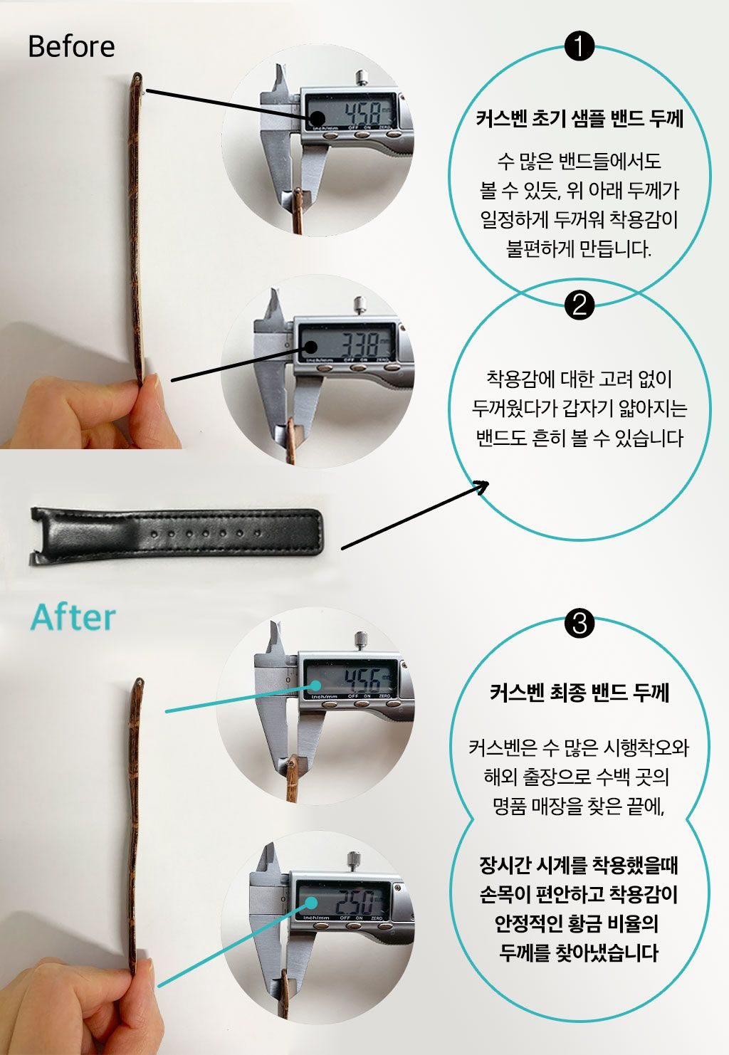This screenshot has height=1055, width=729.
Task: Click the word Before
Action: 71,46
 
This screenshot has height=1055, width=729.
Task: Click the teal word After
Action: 73,617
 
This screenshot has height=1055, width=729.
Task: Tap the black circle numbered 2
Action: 579,305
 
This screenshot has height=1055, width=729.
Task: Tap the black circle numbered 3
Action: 579,623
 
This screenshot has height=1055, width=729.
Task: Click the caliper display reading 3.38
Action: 346,343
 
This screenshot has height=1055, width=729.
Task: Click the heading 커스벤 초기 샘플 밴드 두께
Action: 579,119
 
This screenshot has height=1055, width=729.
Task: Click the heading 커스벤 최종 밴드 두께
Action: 579,693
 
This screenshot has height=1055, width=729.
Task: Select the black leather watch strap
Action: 177,536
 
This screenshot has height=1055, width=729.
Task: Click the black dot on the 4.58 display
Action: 318,119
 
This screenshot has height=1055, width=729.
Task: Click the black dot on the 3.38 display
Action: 311,347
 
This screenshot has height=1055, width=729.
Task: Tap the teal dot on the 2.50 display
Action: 311,902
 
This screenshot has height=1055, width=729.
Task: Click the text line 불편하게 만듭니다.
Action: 579,248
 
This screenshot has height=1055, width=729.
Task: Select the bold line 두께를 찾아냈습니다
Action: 579,952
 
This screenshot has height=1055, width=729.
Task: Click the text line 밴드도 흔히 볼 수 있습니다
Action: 579,439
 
